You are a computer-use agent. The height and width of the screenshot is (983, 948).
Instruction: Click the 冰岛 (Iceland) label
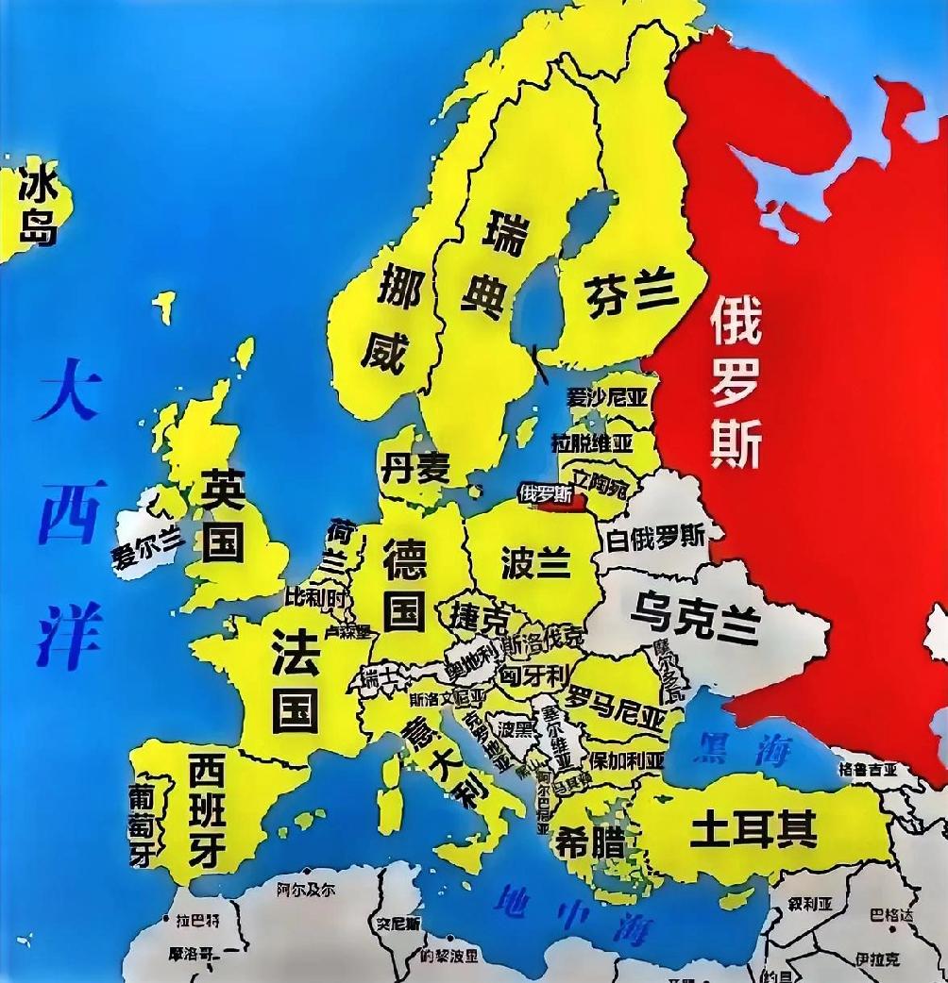tap(39, 205)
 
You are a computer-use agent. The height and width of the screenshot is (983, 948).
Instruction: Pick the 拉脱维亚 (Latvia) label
tap(592, 442)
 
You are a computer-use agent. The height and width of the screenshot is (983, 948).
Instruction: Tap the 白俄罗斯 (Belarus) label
tap(656, 538)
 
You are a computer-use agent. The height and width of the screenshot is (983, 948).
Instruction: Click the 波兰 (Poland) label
tap(535, 562)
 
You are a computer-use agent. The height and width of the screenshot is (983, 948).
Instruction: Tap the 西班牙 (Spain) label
tap(207, 808)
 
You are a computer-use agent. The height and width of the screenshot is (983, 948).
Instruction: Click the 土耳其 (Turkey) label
tap(753, 831)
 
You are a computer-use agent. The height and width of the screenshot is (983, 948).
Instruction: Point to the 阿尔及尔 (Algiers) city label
tap(306, 888)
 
